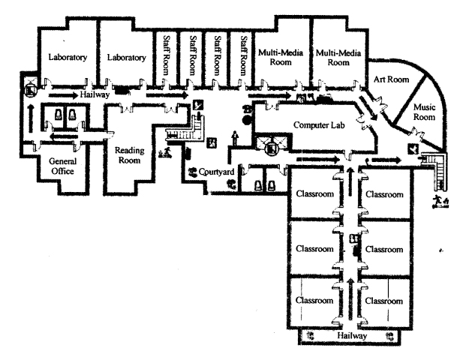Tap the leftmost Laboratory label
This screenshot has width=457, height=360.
tap(67, 57)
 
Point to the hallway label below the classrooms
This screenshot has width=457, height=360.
tap(353, 337)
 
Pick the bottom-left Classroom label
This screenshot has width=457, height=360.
tap(314, 300)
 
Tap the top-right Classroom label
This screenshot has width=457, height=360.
tap(385, 193)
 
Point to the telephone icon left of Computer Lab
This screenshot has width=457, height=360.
tap(247, 109)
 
